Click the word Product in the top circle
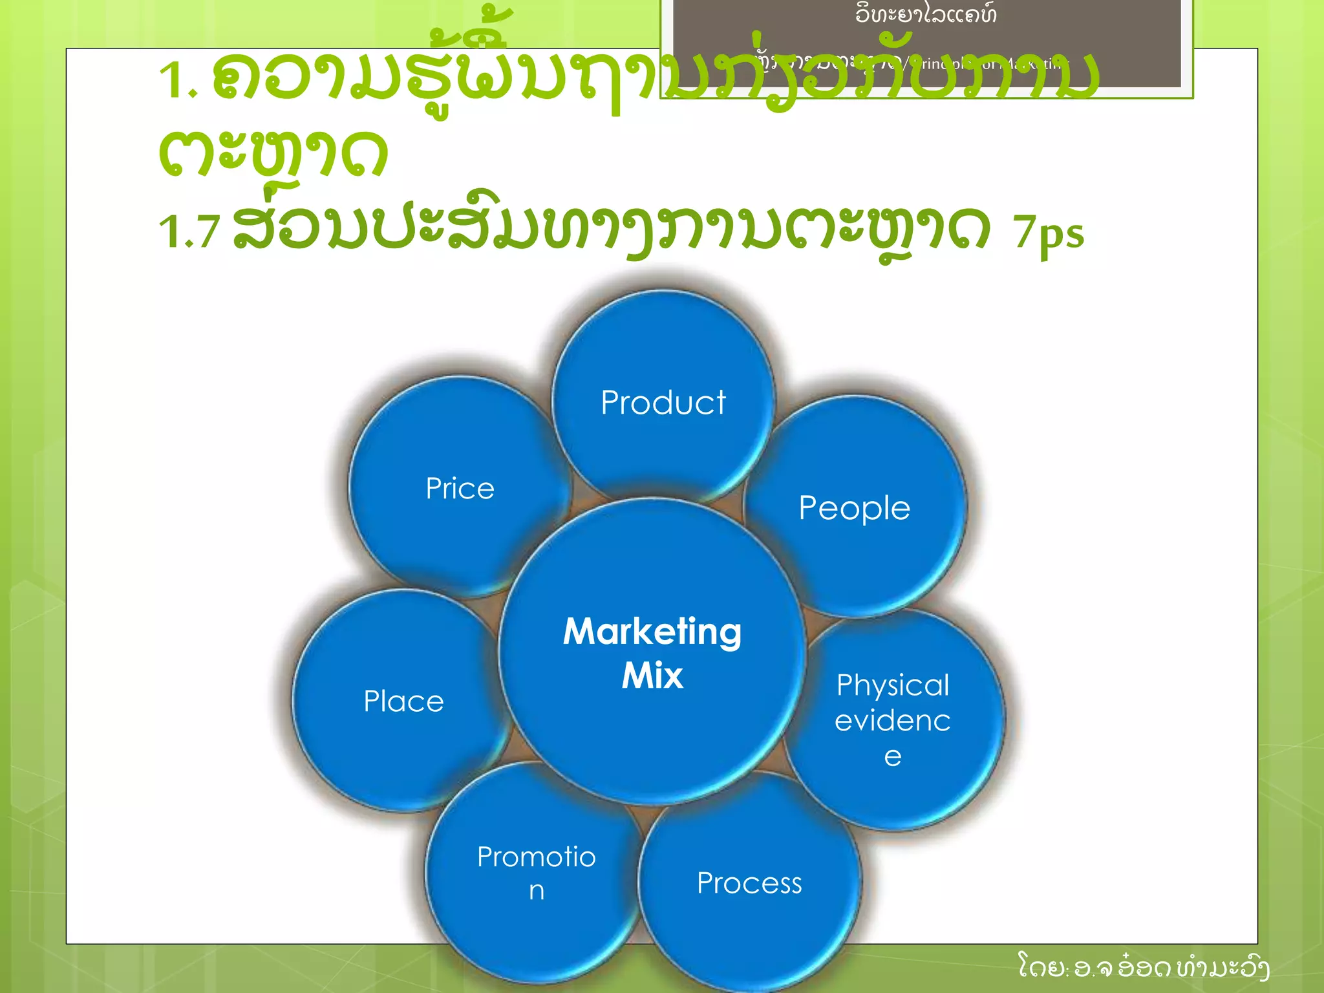663,403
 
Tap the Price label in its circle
460,488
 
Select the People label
854,508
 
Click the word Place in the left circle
403,701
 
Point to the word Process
749,883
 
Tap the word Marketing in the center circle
652,632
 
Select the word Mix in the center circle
652,676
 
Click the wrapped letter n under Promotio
536,892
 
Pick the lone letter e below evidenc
892,756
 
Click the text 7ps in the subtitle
1048,234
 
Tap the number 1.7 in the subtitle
189,231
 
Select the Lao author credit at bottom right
1143,968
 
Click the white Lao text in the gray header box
925,14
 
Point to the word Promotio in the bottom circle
536,857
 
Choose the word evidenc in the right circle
892,721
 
